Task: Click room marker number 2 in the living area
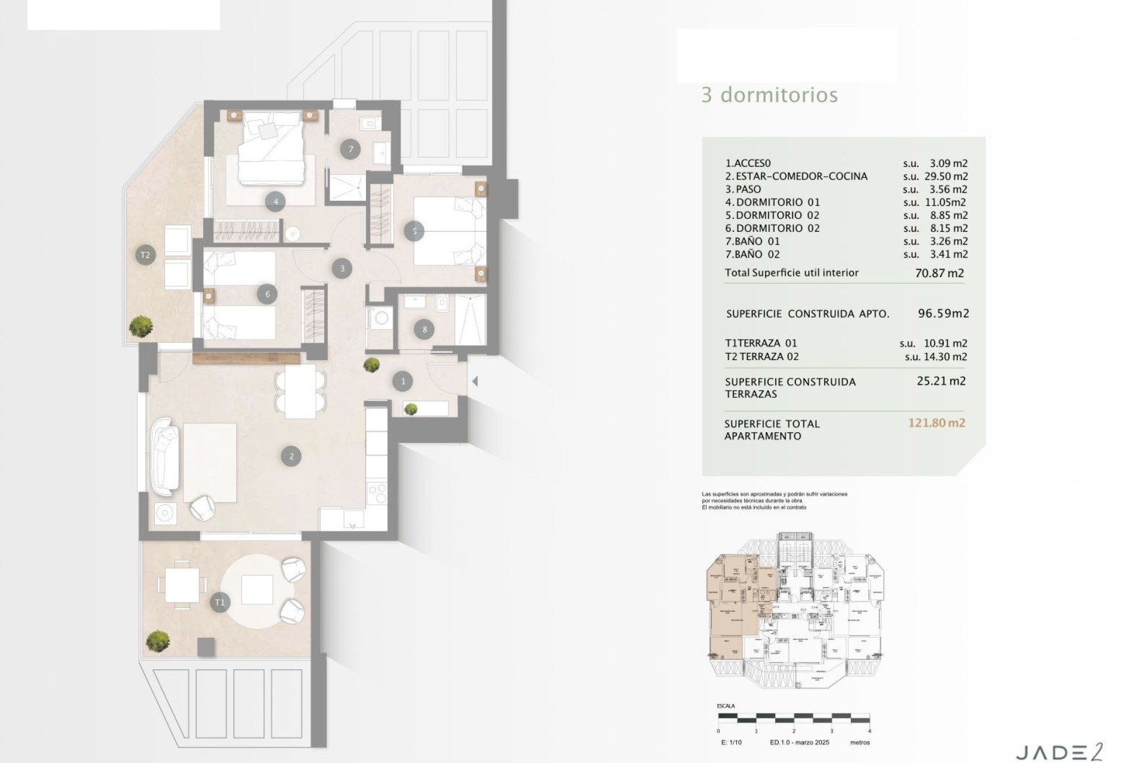tap(291, 456)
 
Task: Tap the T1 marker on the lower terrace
tap(220, 602)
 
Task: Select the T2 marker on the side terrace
tap(145, 255)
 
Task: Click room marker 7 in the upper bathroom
tap(350, 149)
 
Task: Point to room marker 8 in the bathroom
tap(424, 329)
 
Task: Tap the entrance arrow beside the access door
tap(475, 381)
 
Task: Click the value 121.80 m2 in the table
tap(936, 423)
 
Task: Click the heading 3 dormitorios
tap(769, 95)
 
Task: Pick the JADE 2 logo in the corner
tap(1059, 752)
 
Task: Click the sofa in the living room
tap(165, 457)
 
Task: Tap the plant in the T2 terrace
tap(141, 325)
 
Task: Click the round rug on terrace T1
tap(257, 590)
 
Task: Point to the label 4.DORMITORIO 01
tap(772, 202)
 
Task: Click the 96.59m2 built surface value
tap(943, 314)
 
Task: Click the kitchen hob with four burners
tap(377, 493)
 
